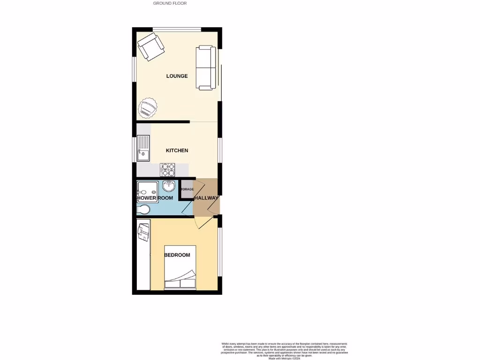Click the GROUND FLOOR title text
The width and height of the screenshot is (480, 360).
click(170, 3)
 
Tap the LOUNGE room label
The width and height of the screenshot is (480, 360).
click(177, 76)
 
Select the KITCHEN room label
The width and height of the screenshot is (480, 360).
click(177, 150)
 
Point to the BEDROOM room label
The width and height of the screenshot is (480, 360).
click(177, 255)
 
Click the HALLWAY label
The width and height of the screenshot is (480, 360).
click(206, 198)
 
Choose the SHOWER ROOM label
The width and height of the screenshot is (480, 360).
click(155, 198)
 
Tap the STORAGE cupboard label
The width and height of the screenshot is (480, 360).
click(187, 189)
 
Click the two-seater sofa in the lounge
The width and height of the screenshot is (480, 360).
click(206, 67)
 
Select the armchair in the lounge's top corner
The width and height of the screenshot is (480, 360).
click(150, 46)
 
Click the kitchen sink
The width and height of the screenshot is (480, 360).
click(143, 148)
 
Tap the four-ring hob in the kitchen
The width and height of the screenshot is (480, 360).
click(167, 169)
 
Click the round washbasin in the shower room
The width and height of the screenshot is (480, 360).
click(168, 187)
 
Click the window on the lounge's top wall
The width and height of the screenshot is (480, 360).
click(177, 30)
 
